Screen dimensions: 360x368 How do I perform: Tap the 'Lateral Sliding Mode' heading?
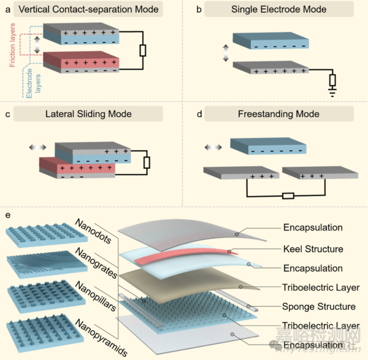pyautogui.click(x=88, y=113)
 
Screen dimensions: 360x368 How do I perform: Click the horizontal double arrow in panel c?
pyautogui.click(x=39, y=147)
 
